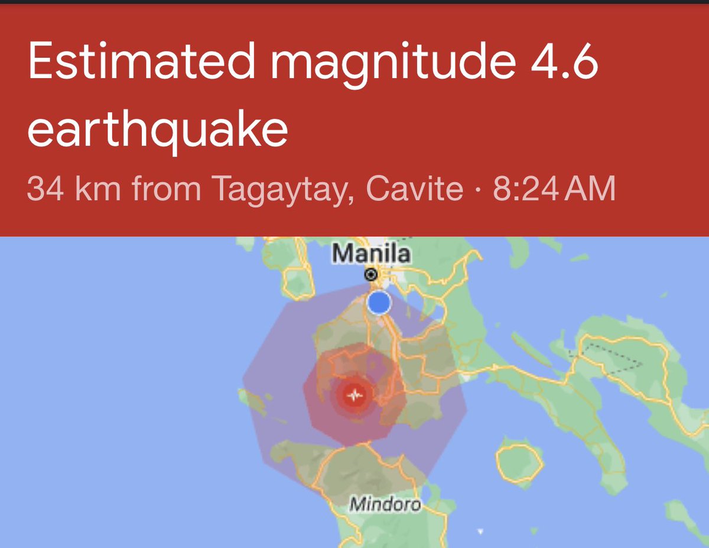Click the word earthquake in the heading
157,131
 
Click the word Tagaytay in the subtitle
278,189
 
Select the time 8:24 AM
554,189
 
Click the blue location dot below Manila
379,303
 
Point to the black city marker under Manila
371,274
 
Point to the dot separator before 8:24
479,190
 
